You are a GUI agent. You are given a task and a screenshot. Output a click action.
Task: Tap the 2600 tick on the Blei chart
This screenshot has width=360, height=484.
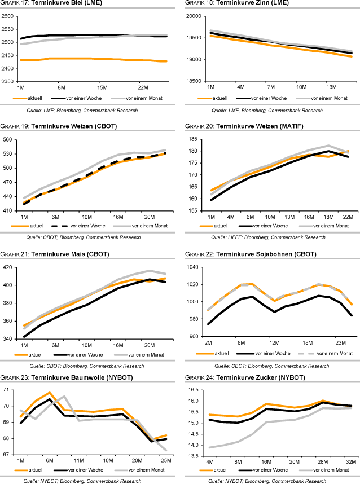(x=7, y=16)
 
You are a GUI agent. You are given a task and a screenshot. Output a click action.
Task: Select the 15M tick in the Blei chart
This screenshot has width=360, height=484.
(x=102, y=87)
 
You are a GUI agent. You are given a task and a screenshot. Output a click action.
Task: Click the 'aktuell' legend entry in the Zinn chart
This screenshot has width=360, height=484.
(x=217, y=98)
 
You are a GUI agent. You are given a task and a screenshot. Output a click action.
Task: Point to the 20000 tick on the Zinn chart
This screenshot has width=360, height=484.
(x=192, y=16)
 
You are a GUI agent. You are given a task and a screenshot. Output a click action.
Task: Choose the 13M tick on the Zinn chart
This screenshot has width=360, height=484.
(x=331, y=87)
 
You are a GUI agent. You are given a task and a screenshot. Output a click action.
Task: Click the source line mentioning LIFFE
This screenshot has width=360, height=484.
(x=274, y=237)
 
